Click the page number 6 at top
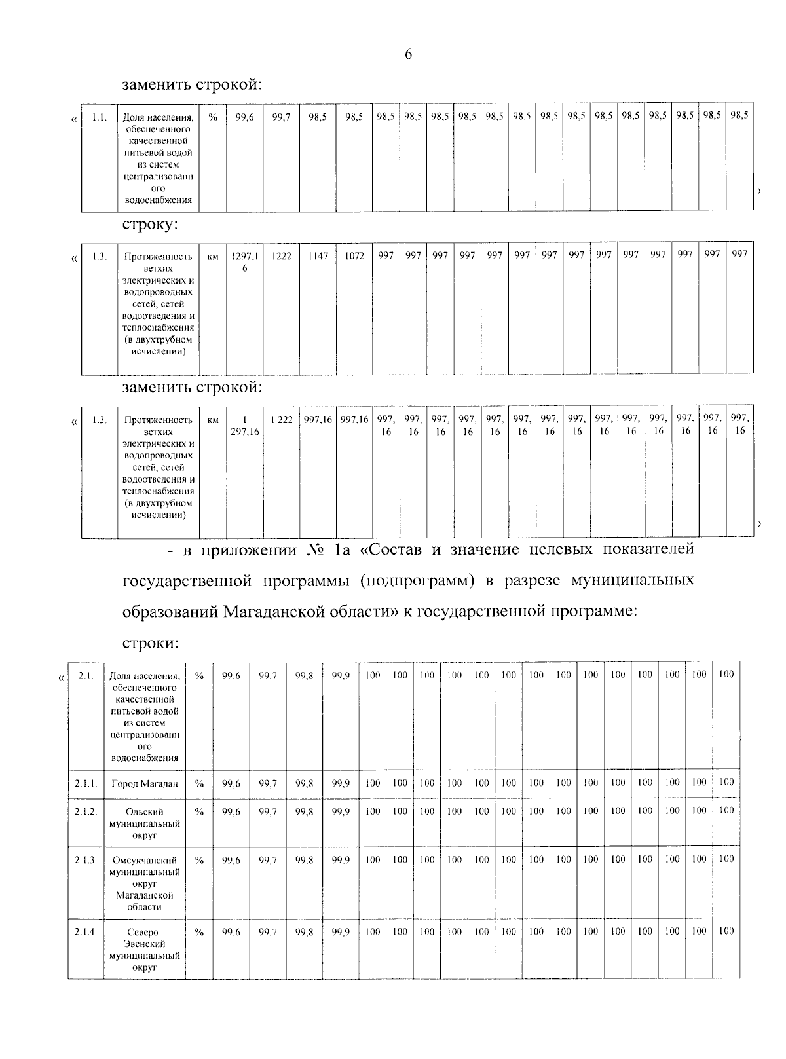408,54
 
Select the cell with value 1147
318,255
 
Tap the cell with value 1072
354,255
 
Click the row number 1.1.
99,118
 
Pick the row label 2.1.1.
86,783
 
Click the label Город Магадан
145,783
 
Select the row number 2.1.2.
86,811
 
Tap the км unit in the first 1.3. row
213,256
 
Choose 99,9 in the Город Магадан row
341,783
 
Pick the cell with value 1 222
282,419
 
